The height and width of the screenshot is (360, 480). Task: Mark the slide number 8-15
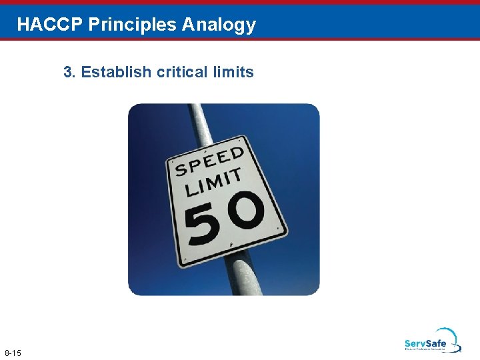pos(13,352)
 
